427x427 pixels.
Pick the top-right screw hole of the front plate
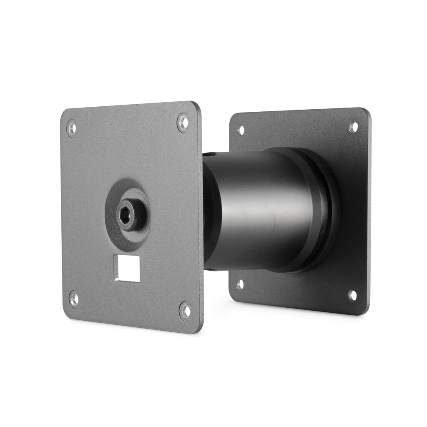(183, 123)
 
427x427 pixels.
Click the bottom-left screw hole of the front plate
(74, 299)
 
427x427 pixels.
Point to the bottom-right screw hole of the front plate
(185, 310)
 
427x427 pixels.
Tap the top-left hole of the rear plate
(241, 130)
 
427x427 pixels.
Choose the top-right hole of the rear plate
(353, 126)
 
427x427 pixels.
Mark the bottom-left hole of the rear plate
(240, 284)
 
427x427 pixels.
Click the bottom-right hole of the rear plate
(352, 295)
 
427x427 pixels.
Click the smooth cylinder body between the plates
(259, 208)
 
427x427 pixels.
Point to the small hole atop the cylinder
(215, 155)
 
